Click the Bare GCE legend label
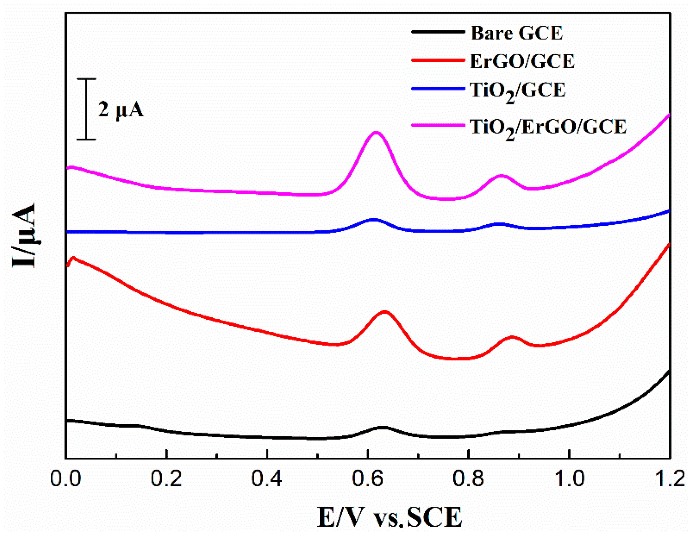(x=517, y=33)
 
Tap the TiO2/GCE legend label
(x=518, y=91)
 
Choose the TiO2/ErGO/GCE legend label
(x=548, y=128)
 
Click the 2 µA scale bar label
(x=121, y=110)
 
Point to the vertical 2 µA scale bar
(x=86, y=109)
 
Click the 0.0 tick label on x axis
(x=66, y=479)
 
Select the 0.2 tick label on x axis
(x=166, y=479)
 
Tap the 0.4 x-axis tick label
(x=267, y=479)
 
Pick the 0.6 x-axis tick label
(x=368, y=479)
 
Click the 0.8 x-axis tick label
(x=468, y=479)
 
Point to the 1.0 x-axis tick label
(x=569, y=479)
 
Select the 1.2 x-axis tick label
(x=669, y=479)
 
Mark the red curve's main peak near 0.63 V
(x=385, y=312)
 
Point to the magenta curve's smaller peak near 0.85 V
(x=501, y=176)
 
